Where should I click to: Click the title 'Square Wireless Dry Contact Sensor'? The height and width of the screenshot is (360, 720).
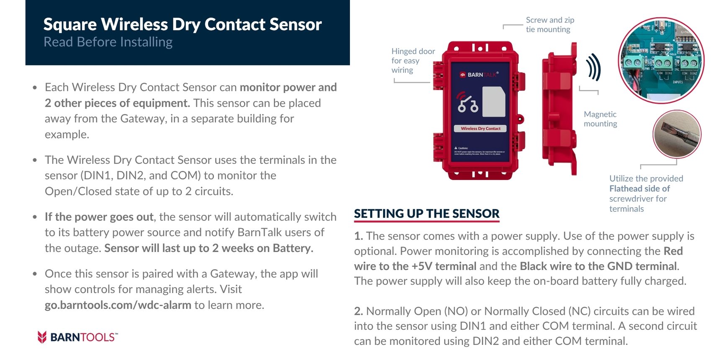[x=183, y=24]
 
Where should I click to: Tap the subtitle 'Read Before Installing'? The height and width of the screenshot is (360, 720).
[x=108, y=42]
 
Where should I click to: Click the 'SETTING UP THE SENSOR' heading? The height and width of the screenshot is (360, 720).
[x=427, y=213]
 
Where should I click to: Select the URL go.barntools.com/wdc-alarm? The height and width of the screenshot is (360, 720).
[x=118, y=305]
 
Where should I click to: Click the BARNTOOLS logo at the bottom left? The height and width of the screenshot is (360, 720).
[x=77, y=337]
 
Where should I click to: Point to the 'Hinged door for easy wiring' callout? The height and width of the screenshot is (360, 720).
[x=412, y=61]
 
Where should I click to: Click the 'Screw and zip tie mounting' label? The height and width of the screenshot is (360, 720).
[x=549, y=25]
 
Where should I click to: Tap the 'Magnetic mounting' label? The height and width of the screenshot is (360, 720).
[x=600, y=119]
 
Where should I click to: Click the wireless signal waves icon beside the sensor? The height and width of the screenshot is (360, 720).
[x=593, y=67]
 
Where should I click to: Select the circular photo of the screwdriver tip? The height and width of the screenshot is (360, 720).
[x=676, y=134]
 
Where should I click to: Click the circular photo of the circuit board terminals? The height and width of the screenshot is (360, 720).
[x=661, y=61]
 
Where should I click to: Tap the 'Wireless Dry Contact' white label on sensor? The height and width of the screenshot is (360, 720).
[x=480, y=129]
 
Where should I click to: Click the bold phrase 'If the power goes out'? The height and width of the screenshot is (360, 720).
[x=99, y=217]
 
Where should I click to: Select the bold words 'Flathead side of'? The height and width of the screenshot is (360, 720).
[x=639, y=189]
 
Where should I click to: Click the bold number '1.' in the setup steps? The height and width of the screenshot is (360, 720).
[x=358, y=236]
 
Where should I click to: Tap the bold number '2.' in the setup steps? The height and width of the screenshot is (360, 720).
[x=358, y=311]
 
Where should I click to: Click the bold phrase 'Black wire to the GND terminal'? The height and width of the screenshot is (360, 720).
[x=598, y=266]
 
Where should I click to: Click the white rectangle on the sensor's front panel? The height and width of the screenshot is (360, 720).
[x=494, y=102]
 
